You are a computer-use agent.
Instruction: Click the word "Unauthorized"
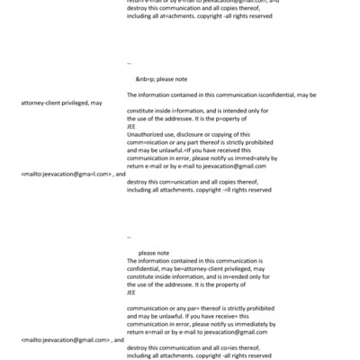(148, 133)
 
